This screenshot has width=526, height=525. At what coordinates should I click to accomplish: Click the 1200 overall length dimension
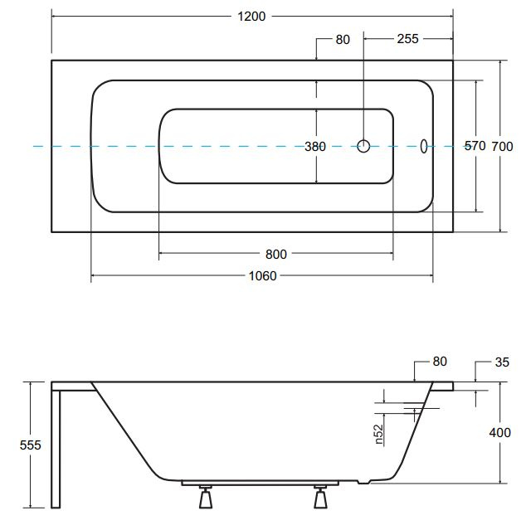pos(251,16)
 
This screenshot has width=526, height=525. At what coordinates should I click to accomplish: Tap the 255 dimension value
pos(407,39)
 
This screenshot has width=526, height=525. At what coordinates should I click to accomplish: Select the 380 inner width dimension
pos(315,147)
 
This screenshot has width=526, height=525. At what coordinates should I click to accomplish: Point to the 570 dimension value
pos(475,146)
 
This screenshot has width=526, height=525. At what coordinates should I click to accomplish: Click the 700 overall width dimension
pos(502,147)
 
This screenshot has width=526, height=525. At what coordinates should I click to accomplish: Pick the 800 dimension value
pos(276,255)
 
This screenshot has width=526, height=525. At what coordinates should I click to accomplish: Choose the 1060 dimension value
pos(262,276)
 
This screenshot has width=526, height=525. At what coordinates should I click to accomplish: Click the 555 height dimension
pos(30,445)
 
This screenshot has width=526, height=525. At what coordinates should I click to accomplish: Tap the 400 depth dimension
pos(499,432)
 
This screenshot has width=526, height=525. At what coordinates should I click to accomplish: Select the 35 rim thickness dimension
pos(502,362)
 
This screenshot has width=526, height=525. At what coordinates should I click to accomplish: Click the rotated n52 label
pos(379,434)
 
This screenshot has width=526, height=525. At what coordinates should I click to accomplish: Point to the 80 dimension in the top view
pos(343,40)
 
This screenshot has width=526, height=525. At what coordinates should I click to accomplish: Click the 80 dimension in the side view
pos(440,362)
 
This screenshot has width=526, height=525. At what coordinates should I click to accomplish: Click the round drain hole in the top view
pos(363,146)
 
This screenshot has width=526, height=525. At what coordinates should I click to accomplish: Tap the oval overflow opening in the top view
pos(424,146)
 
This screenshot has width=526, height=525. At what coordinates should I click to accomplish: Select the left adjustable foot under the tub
pos(205,497)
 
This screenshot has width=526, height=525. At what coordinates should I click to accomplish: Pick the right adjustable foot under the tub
pos(320,497)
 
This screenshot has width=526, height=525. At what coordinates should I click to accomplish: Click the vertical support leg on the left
pos(56,450)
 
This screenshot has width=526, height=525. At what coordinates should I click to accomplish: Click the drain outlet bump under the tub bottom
pos(363,482)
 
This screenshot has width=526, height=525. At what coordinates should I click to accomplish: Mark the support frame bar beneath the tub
pos(260,483)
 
